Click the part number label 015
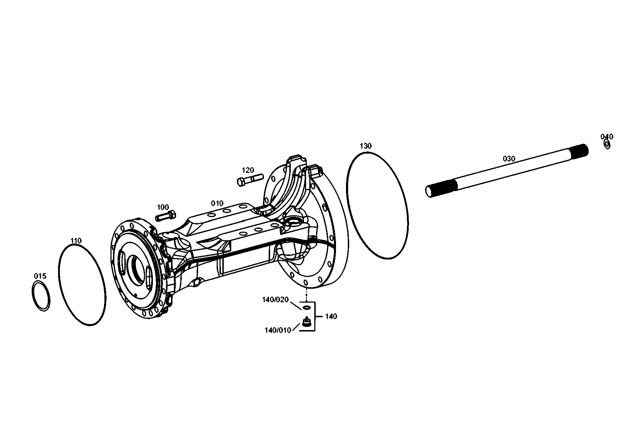[40, 276]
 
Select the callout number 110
[76, 241]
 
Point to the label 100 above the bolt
[163, 207]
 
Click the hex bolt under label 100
[165, 216]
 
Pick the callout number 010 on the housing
[217, 203]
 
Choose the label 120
[248, 170]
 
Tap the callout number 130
[366, 146]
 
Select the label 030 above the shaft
[509, 159]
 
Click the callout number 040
[607, 137]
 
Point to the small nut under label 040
[607, 144]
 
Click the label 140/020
[275, 299]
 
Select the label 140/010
[278, 330]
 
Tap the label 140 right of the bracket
[331, 316]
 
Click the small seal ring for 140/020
[307, 307]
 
